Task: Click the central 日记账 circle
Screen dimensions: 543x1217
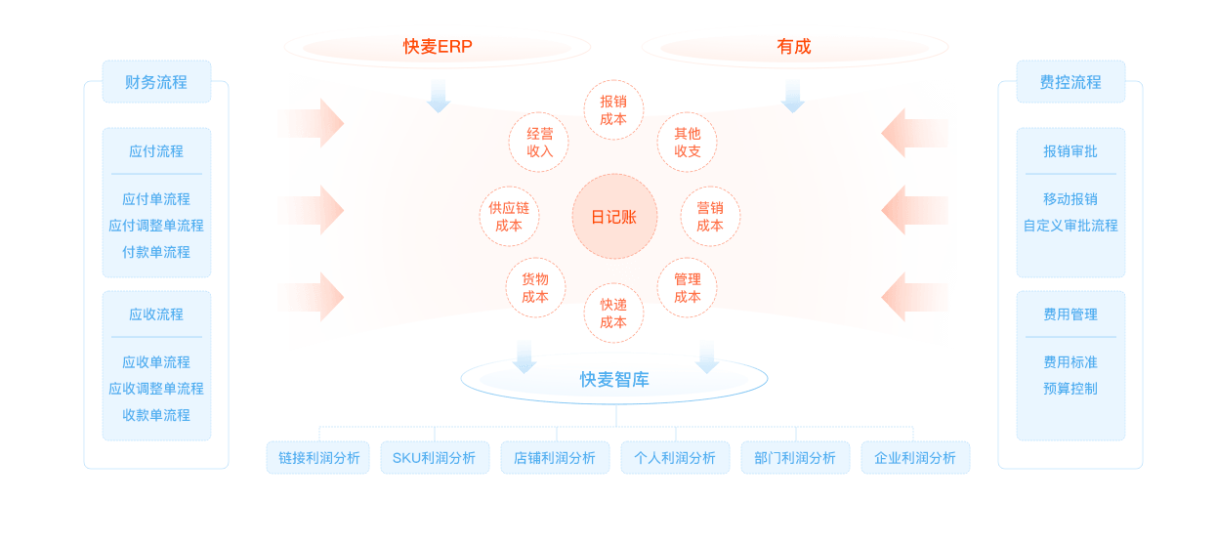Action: [614, 217]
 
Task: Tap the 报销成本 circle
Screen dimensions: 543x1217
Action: [613, 109]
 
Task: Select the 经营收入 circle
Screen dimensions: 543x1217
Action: [539, 142]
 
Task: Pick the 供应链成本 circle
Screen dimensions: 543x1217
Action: [509, 217]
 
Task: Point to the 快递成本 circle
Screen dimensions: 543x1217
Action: [613, 313]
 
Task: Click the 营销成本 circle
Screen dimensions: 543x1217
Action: [710, 217]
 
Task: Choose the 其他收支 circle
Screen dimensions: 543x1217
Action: [688, 142]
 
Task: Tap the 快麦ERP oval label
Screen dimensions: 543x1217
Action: [438, 47]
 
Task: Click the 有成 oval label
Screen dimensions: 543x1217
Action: [794, 47]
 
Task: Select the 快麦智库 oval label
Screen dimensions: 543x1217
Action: [614, 380]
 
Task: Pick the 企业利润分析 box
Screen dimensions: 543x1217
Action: [915, 458]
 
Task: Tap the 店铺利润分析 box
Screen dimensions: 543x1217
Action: [555, 458]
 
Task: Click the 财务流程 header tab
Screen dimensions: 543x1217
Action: [156, 82]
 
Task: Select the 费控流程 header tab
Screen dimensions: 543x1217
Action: [1070, 82]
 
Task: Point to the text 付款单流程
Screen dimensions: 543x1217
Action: [156, 252]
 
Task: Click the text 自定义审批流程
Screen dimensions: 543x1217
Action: [1070, 226]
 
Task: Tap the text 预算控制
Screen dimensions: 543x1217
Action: [1070, 389]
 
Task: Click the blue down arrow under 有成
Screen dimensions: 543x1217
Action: [792, 96]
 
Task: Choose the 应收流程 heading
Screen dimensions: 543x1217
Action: [156, 314]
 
